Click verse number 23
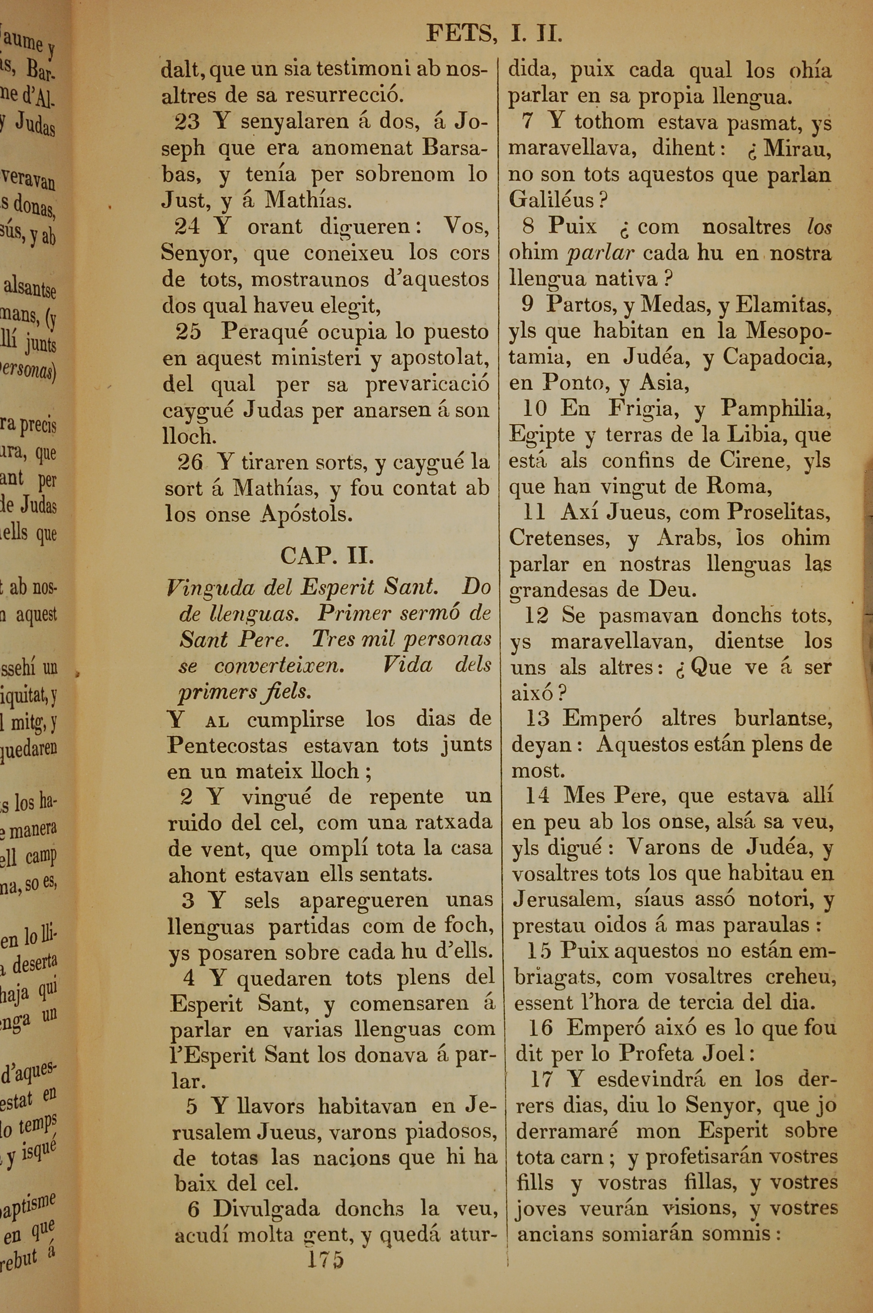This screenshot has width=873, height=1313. coord(187,122)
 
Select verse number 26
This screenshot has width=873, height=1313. coord(190,461)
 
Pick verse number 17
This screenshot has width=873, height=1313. coord(541,1080)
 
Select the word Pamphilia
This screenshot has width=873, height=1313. coord(776,409)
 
